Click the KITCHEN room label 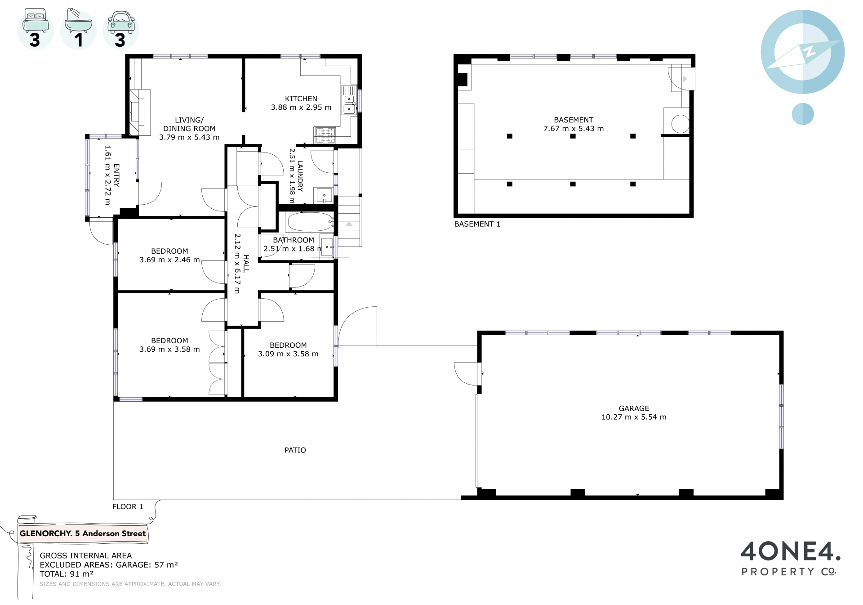coord(301,99)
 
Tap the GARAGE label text coord(634,408)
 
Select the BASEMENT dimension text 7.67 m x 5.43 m coord(574,129)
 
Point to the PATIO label coord(295,450)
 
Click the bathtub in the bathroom coord(310,222)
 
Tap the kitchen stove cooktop coord(325,135)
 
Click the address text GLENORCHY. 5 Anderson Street coord(83,533)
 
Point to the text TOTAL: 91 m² coord(67,574)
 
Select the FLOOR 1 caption coord(128,506)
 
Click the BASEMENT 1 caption coord(477,224)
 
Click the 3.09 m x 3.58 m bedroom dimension coord(288,354)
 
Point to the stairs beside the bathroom coord(349,221)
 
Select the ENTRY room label coord(116,175)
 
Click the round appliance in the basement coord(681,124)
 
